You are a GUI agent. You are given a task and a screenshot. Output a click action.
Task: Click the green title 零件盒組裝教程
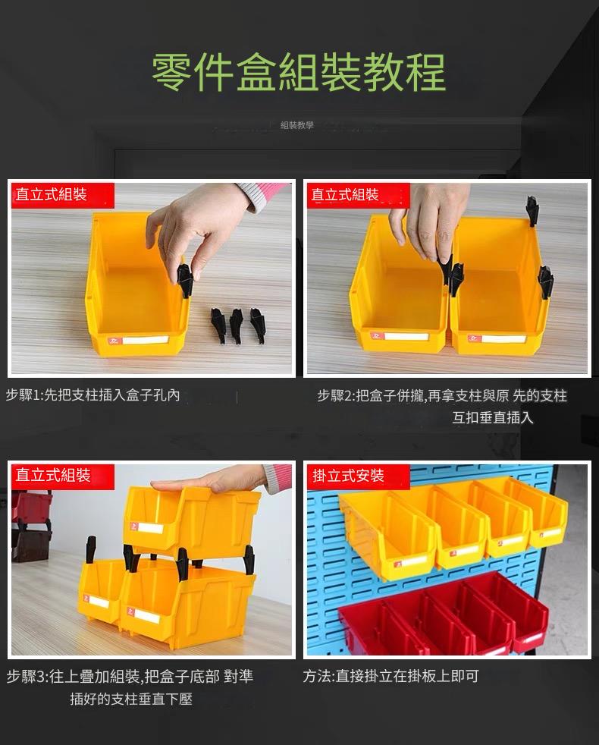click(x=299, y=72)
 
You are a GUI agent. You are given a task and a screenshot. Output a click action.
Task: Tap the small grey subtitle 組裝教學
click(x=297, y=125)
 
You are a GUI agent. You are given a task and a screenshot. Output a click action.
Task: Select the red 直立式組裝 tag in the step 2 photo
click(x=358, y=195)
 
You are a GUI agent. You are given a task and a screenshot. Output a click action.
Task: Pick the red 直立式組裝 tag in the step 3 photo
click(x=63, y=476)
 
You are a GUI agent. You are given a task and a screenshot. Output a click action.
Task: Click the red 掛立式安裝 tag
click(x=358, y=476)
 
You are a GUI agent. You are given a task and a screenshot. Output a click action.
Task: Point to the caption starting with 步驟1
click(x=93, y=395)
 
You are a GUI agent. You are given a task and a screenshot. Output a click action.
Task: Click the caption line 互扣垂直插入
click(x=493, y=417)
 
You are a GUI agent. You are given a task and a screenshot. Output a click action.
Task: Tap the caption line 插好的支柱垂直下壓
click(x=131, y=699)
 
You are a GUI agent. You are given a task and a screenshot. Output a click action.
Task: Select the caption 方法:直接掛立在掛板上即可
click(x=390, y=676)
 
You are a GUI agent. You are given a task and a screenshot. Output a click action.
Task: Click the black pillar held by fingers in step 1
click(x=184, y=281)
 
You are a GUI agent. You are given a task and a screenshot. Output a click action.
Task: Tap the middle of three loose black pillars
click(x=236, y=325)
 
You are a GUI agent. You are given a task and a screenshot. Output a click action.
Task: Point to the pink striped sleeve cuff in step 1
click(x=264, y=196)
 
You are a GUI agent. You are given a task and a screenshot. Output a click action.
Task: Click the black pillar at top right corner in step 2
click(x=532, y=212)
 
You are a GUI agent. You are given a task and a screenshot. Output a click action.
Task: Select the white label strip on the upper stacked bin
click(x=150, y=528)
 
